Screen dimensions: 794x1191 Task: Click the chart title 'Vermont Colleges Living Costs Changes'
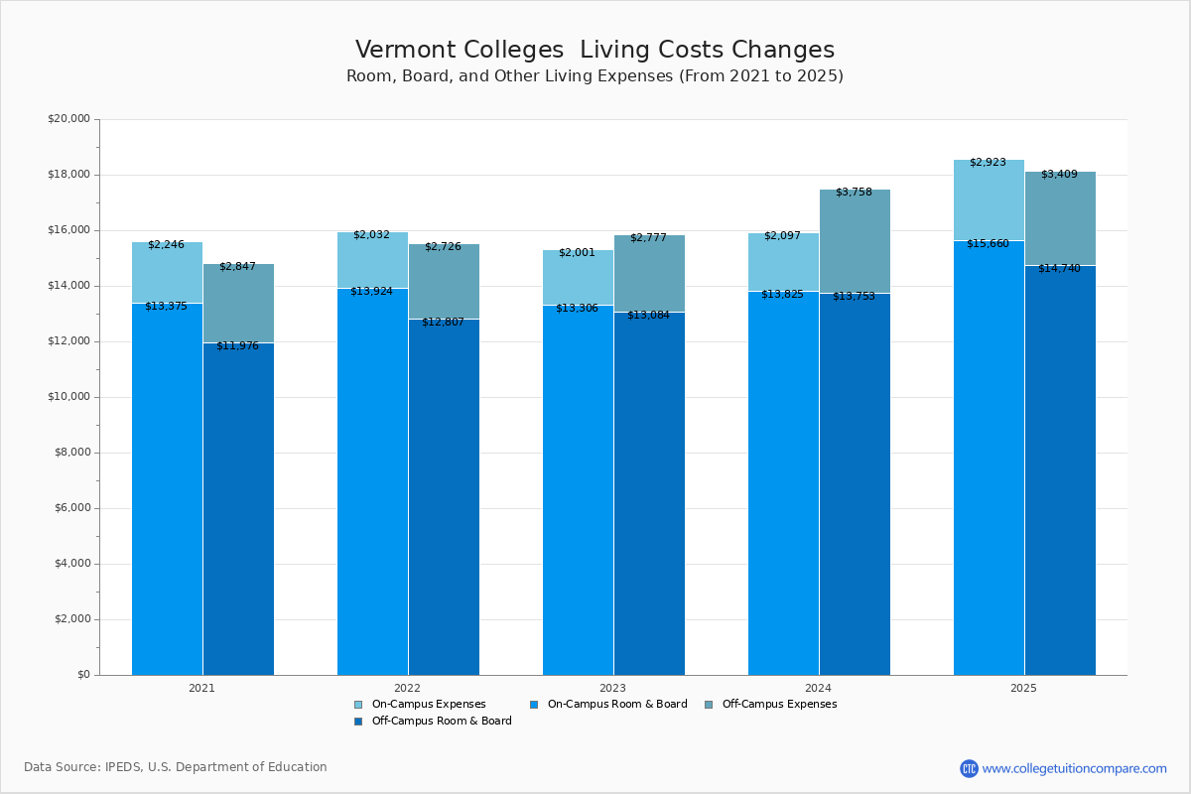point(595,50)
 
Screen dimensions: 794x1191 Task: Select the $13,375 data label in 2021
point(166,306)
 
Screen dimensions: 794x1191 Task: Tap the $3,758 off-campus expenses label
point(854,192)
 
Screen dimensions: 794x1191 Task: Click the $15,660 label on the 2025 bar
point(988,243)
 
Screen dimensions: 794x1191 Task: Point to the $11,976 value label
point(237,345)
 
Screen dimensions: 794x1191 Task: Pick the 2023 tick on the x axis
point(612,687)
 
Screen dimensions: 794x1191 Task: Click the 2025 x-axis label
point(1023,687)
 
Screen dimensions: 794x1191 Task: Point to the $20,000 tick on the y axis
point(68,119)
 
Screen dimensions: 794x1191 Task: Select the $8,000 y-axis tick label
point(71,453)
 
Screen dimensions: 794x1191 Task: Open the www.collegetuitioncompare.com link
point(1074,768)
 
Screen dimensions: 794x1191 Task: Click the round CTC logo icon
point(969,768)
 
